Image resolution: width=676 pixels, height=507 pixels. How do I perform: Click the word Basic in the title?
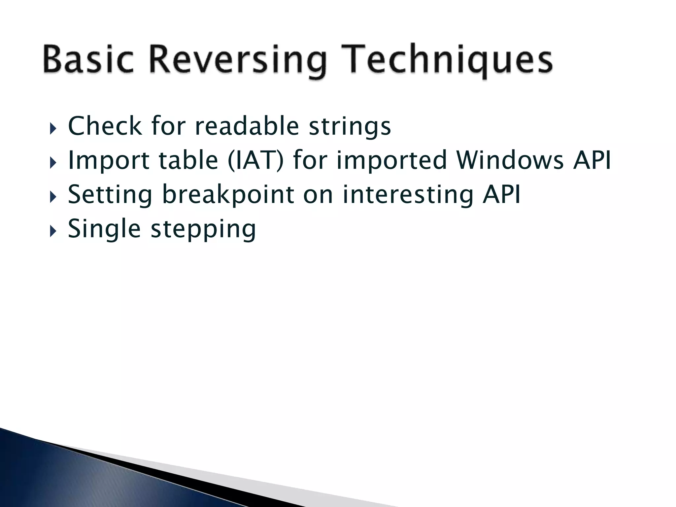point(88,59)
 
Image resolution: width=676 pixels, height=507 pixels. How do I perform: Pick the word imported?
point(391,161)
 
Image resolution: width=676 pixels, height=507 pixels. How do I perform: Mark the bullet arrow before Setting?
point(53,197)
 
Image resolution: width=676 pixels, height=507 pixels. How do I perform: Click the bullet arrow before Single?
point(53,231)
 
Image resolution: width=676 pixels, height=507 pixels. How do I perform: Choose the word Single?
point(104,229)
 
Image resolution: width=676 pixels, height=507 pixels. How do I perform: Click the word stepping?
point(203,230)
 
